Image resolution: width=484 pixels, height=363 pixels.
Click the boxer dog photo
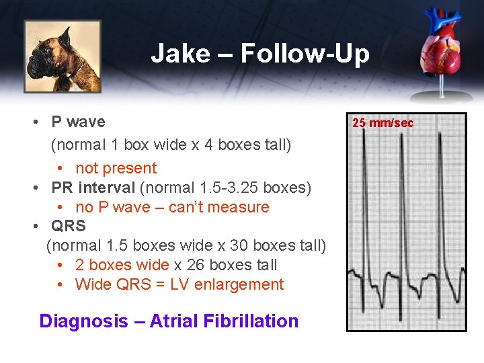pos(63,56)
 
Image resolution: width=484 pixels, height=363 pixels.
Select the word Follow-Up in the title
pos(305,53)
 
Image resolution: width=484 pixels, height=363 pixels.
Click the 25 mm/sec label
pos(383,122)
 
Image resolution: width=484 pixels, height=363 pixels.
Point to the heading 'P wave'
pos(78,122)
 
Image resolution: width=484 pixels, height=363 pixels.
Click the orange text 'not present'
pos(116,168)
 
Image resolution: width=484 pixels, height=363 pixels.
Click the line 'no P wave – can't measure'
pos(172,207)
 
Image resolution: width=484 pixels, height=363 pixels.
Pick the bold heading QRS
pos(69,226)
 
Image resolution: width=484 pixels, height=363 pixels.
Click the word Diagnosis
pos(83,321)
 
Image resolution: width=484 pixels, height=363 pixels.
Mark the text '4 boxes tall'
pos(249,145)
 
